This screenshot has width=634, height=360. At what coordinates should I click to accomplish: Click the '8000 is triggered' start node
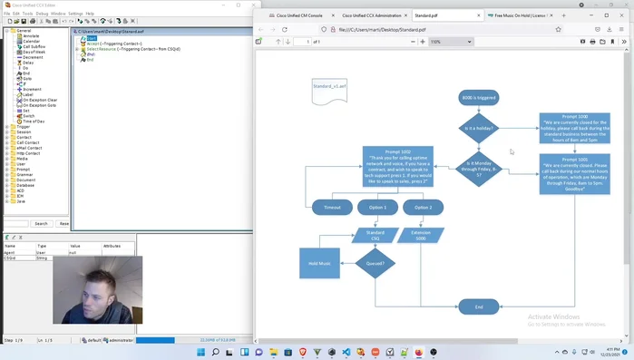coord(479,97)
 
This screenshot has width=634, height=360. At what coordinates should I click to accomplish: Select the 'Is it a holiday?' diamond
coord(478,129)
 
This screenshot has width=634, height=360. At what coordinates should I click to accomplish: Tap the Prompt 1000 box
coord(574,129)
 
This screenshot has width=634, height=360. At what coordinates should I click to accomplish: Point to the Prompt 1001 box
coord(574,174)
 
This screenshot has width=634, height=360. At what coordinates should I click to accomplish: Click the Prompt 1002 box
coord(397,167)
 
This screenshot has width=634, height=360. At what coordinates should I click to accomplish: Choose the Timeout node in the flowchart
coord(332,208)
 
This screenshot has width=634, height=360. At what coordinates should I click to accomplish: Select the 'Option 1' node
coord(377,208)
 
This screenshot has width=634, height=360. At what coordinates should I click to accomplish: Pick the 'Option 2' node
coord(423,208)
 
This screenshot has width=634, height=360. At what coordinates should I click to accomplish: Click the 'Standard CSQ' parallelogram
coord(376,235)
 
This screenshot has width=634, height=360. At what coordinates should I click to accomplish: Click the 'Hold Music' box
coord(319,263)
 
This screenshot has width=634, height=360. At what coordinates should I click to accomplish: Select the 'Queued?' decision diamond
coord(376,264)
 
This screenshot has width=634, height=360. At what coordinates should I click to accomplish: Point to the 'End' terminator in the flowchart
coord(479,306)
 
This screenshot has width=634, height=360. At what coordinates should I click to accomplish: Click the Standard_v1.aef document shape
coord(329,88)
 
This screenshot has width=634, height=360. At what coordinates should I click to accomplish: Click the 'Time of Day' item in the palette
coord(33,121)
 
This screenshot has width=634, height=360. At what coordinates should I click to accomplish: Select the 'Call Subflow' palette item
coord(34,46)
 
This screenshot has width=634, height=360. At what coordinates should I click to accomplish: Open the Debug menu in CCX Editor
coord(42,14)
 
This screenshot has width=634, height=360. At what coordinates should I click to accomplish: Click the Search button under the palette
coord(41,223)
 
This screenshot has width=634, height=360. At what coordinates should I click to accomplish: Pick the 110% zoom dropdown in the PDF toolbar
coord(450,42)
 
